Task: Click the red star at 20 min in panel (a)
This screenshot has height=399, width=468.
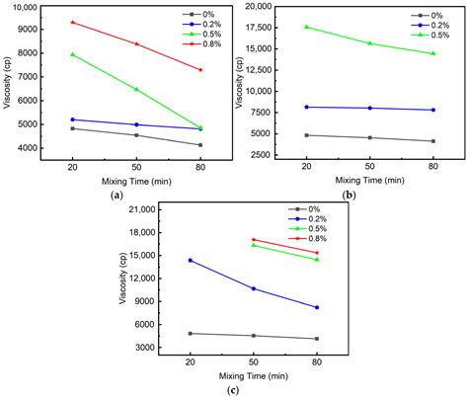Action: click(x=72, y=22)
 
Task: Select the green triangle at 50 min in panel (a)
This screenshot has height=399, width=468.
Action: click(x=136, y=89)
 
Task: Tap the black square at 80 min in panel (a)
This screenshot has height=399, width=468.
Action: click(x=200, y=145)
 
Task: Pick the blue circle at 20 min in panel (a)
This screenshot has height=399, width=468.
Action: click(x=72, y=120)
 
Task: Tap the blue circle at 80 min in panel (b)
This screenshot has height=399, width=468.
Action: click(x=432, y=110)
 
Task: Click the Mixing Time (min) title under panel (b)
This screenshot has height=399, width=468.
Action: click(x=368, y=180)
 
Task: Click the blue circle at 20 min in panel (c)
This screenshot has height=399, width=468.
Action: click(x=190, y=261)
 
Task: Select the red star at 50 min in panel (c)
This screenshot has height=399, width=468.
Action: click(x=254, y=239)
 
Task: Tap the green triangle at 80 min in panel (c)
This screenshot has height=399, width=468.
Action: click(x=317, y=260)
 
